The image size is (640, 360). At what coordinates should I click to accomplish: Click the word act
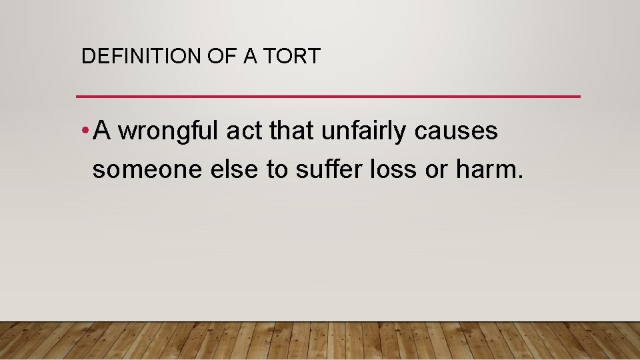pyautogui.click(x=244, y=131)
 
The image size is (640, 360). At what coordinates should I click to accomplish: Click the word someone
pyautogui.click(x=136, y=170)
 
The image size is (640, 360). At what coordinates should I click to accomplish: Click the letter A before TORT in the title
pyautogui.click(x=251, y=57)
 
